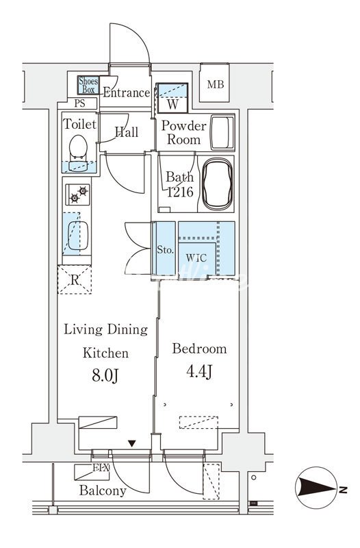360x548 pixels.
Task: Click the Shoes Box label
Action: coord(88,85)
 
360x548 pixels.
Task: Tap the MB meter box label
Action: coord(215,84)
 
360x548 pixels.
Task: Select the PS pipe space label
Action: coord(79,103)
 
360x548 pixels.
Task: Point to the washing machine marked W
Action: coord(172,98)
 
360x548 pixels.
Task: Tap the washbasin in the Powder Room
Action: coord(222,132)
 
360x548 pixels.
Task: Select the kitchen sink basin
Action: coord(78,236)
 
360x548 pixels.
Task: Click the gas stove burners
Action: coord(78,195)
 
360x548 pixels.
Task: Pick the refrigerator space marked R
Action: coord(75,279)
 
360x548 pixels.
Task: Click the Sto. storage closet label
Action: coord(165,250)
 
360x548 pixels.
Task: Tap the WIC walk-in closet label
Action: coord(196,258)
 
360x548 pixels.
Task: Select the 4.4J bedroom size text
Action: coord(199,372)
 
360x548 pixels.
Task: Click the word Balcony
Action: coord(103,490)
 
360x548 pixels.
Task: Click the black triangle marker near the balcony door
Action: coord(131,443)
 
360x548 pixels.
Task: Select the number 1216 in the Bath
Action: coord(180,192)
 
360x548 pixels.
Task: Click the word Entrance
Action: coord(127,92)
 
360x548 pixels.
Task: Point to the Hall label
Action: coord(127,132)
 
